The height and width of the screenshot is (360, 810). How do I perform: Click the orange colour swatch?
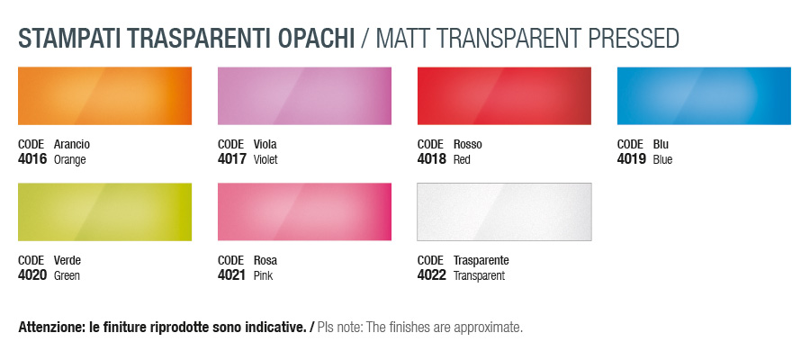pyautogui.click(x=105, y=95)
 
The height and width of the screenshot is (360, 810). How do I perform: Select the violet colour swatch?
pyautogui.click(x=304, y=95)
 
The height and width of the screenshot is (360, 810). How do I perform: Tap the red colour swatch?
pyautogui.click(x=504, y=95)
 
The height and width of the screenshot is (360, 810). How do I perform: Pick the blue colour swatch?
pyautogui.click(x=704, y=95)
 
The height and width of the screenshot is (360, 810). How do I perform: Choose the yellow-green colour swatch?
pyautogui.click(x=105, y=211)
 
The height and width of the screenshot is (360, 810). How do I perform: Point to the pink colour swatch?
pyautogui.click(x=304, y=211)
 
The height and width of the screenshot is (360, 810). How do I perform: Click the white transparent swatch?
pyautogui.click(x=504, y=211)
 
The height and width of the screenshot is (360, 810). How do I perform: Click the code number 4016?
pyautogui.click(x=32, y=159)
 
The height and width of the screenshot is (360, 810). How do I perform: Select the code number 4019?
pyautogui.click(x=632, y=159)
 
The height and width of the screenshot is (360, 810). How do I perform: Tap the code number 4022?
pyautogui.click(x=432, y=275)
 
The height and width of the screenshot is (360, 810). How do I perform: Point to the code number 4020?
pyautogui.click(x=32, y=275)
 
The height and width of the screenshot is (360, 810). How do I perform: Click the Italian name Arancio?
pyautogui.click(x=72, y=144)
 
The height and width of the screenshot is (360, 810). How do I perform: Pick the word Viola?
pyautogui.click(x=265, y=144)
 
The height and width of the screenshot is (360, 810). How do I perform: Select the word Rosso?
pyautogui.click(x=467, y=144)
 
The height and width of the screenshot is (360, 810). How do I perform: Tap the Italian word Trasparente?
pyautogui.click(x=481, y=260)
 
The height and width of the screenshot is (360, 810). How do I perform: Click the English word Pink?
pyautogui.click(x=263, y=275)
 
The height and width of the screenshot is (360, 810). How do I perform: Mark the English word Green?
pyautogui.click(x=67, y=275)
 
